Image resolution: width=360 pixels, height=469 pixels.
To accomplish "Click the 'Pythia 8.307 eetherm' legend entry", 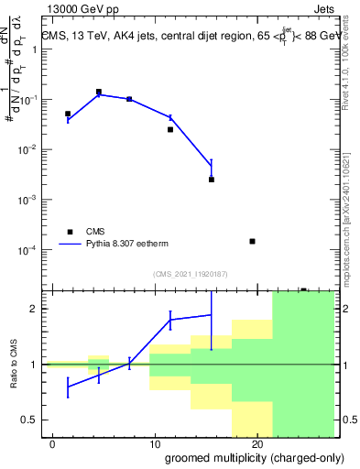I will tap(134, 245).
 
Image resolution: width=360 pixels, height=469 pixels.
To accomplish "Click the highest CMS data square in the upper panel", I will tap(99, 92).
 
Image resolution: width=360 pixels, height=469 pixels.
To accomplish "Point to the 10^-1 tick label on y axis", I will tap(31, 100).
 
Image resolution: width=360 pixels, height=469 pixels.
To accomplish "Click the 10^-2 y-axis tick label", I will tap(31, 149).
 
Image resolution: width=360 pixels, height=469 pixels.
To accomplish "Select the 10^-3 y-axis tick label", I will tap(31, 200).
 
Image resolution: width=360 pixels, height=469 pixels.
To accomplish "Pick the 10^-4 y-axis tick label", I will tap(31, 250).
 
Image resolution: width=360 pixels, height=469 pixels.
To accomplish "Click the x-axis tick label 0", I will tap(53, 444).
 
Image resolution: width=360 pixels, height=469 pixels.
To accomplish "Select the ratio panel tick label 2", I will tap(35, 309).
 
